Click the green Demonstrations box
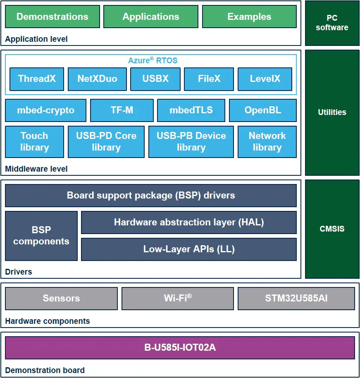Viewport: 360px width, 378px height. click(52, 17)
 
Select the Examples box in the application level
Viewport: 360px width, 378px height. click(249, 17)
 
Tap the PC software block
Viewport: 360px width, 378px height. click(332, 23)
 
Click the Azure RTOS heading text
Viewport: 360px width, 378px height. click(153, 60)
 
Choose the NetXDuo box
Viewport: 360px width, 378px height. click(97, 79)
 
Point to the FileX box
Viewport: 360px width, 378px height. click(209, 79)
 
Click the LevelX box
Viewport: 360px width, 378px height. click(265, 79)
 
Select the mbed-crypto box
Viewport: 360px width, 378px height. click(45, 110)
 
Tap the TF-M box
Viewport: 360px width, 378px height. click(122, 110)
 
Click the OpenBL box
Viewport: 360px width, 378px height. click(262, 110)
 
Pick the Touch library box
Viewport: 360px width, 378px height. click(34, 142)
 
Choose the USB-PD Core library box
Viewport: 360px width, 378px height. click(106, 142)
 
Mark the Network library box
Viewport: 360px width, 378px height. click(267, 142)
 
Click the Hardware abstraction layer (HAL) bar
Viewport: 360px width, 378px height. click(188, 222)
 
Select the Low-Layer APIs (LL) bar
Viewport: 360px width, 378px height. click(188, 249)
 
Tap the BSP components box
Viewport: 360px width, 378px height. click(41, 236)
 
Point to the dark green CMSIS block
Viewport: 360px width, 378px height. click(332, 229)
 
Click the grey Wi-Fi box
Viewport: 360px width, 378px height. click(177, 298)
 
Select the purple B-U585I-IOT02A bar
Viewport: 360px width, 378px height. click(180, 347)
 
